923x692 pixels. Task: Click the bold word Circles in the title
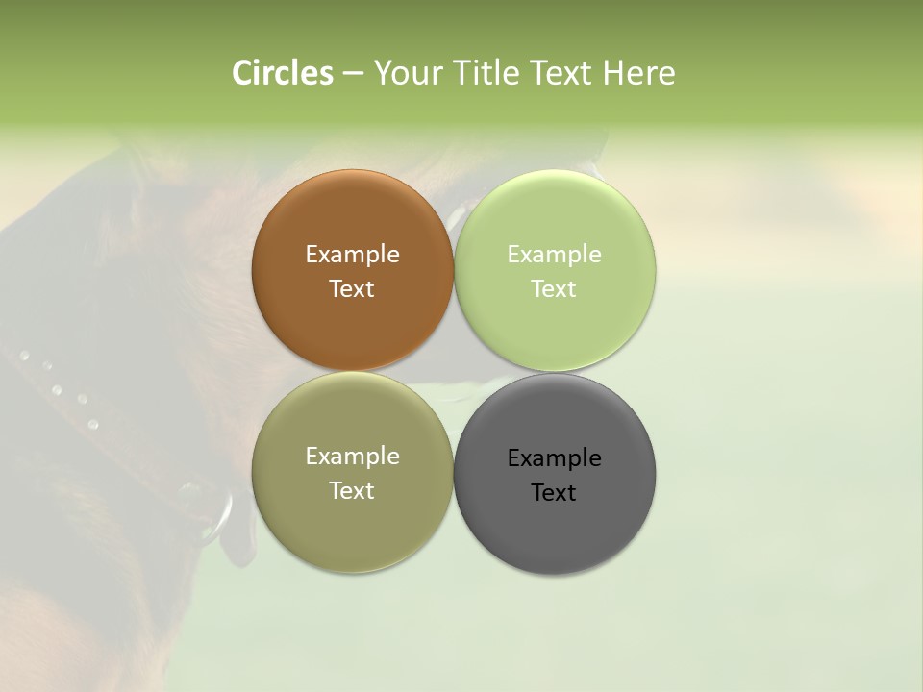[x=282, y=73]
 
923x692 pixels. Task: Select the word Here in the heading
[x=638, y=73]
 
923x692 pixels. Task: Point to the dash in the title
[x=353, y=74]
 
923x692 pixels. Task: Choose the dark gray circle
[x=554, y=529]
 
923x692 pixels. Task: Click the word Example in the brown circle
[x=352, y=255]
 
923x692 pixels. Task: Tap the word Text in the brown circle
[x=352, y=289]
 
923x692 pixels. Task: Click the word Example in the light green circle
[x=554, y=255]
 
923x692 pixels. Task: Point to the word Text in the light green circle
[x=554, y=289]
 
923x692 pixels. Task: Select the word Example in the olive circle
[x=352, y=457]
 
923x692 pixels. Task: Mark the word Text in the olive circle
[x=352, y=491]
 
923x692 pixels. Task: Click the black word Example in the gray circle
[x=554, y=458]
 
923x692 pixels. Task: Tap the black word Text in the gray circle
[x=554, y=493]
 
